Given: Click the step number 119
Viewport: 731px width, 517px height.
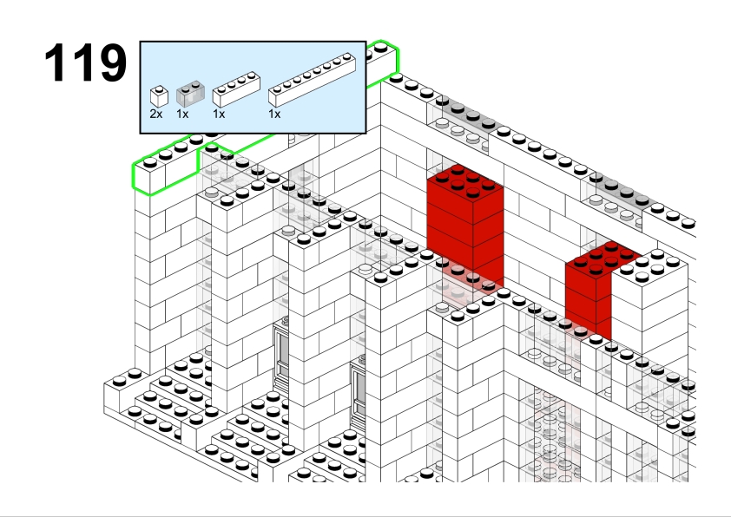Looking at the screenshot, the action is [86, 62].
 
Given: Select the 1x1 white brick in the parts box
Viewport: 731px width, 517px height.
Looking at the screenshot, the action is [159, 96].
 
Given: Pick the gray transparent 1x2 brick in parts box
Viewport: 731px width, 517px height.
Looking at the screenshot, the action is [190, 93].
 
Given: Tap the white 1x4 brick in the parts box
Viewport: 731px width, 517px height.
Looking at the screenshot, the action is [236, 89].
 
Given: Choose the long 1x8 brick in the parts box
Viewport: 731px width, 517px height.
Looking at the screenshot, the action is [312, 80].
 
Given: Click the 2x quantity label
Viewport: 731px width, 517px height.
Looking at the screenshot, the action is [156, 114].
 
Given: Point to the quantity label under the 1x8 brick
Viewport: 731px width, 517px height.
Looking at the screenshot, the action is [274, 114].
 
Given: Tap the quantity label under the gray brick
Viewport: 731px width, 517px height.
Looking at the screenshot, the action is [182, 114].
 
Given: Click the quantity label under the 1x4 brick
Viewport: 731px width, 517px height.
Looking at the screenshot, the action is [219, 114].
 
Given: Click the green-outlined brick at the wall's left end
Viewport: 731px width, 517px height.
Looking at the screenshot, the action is [166, 167].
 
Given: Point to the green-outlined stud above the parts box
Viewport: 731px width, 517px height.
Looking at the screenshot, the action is [381, 47].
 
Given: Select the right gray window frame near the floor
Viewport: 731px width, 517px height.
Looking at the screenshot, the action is [358, 391].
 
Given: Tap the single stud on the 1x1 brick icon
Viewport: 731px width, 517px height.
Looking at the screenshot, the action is [160, 88].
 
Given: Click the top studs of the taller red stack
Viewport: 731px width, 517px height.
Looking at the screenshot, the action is [464, 180].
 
